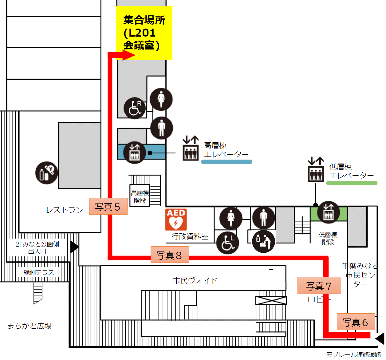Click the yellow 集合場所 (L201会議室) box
[144, 33]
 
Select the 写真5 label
[108, 206]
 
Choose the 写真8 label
[169, 255]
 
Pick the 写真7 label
[319, 286]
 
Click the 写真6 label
[356, 322]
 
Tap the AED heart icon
[176, 220]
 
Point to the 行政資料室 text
[190, 236]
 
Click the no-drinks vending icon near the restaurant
[46, 173]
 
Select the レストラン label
[65, 210]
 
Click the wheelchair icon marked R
[135, 108]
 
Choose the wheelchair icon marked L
[228, 243]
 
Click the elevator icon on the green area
[329, 212]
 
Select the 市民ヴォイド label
[195, 280]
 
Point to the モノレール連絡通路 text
[353, 354]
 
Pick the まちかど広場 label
[30, 326]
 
